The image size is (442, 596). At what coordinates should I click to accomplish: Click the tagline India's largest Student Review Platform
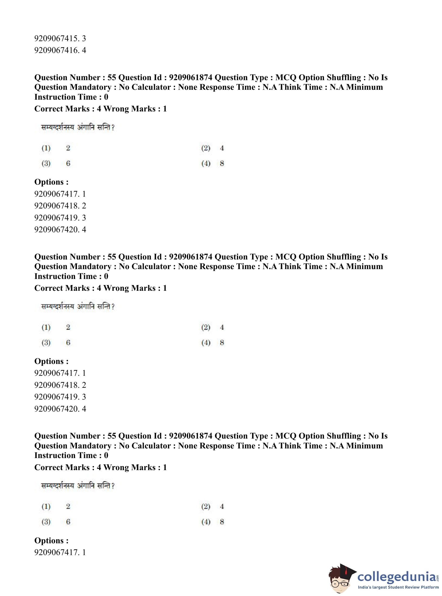pyautogui.click(x=398, y=587)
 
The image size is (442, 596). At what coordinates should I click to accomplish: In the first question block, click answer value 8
pyautogui.click(x=222, y=163)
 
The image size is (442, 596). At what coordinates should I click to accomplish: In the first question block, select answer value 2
pyautogui.click(x=68, y=148)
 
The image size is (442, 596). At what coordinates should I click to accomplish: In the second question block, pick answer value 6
pyautogui.click(x=68, y=343)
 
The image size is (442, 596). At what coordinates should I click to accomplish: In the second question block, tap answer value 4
pyautogui.click(x=222, y=327)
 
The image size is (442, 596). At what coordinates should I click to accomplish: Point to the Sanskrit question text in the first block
pyautogui.click(x=78, y=127)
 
